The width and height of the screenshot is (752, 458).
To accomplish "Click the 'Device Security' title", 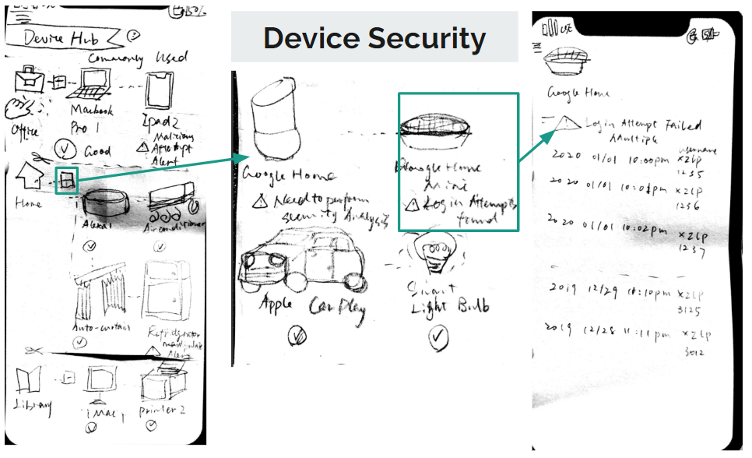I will pyautogui.click(x=374, y=37).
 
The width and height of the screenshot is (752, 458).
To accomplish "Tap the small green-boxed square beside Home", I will pyautogui.click(x=68, y=180).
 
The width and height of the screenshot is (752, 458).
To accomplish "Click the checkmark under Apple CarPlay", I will pyautogui.click(x=297, y=336).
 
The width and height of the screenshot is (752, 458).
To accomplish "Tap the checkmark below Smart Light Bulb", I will pyautogui.click(x=439, y=336).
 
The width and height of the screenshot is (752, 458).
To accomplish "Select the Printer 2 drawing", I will pyautogui.click(x=160, y=386).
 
